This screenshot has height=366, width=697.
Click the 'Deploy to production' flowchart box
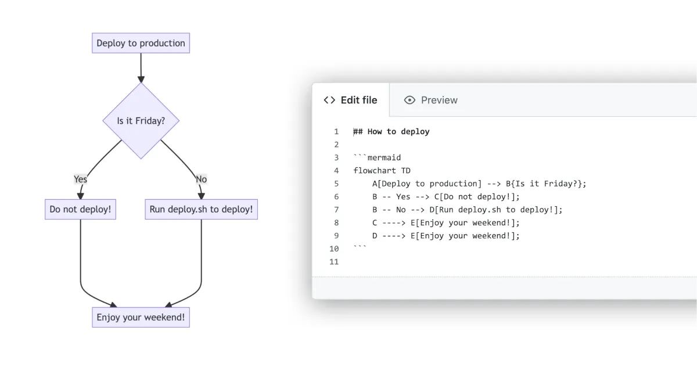[141, 44]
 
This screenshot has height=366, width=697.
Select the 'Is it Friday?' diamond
[141, 121]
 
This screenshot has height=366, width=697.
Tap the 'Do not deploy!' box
[80, 209]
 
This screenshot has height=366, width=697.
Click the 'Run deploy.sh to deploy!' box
[201, 209]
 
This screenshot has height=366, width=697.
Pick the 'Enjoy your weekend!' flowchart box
[141, 318]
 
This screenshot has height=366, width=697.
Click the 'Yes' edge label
[80, 179]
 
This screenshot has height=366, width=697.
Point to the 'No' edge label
[201, 179]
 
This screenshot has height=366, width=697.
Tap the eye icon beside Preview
[409, 100]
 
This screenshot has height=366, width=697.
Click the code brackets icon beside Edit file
[329, 100]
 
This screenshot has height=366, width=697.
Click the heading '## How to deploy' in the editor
[391, 132]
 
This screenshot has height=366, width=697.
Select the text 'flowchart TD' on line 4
[382, 171]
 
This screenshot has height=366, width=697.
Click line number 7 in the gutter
[336, 210]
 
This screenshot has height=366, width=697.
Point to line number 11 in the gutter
[334, 261]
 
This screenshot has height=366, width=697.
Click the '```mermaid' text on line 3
[377, 157]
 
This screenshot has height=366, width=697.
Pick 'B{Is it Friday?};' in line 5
[546, 184]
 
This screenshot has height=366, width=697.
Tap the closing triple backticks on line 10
[360, 247]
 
